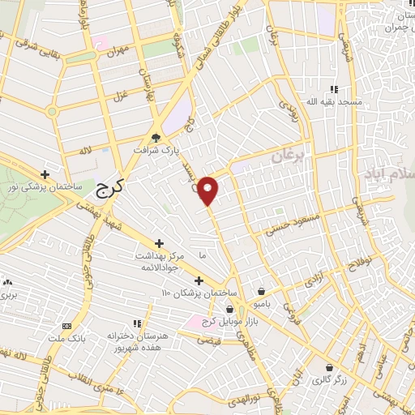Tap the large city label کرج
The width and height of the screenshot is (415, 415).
pyautogui.click(x=103, y=190)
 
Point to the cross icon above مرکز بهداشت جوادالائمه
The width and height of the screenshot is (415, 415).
pyautogui.click(x=159, y=242)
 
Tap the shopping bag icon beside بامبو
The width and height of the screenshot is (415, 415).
pyautogui.click(x=261, y=292)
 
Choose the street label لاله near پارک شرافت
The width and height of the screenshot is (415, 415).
pyautogui.click(x=83, y=151)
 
